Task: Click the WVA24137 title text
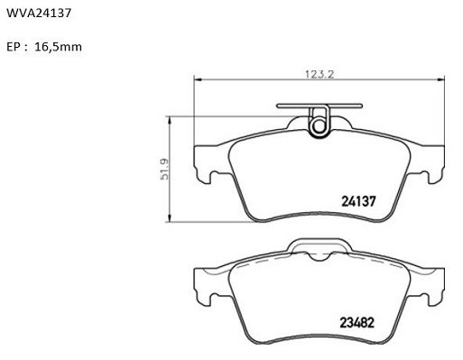(39, 13)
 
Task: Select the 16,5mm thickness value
(58, 47)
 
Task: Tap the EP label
(13, 47)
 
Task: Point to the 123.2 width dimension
(319, 74)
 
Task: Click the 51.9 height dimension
(164, 169)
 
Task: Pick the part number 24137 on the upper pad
(358, 201)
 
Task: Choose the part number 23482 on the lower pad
(357, 323)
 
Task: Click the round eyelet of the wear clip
(318, 126)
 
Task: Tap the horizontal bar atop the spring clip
(319, 106)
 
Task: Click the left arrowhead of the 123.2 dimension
(197, 79)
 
